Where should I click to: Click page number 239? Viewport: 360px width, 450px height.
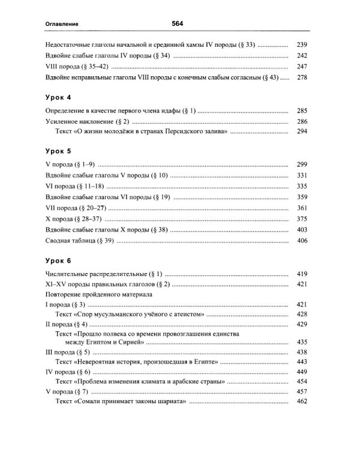click(x=302, y=45)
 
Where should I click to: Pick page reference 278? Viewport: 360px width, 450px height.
click(x=302, y=77)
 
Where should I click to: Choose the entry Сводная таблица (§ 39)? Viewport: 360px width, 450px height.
click(x=78, y=241)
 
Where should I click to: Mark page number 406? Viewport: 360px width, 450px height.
click(x=302, y=241)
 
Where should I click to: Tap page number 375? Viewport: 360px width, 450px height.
click(x=302, y=219)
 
